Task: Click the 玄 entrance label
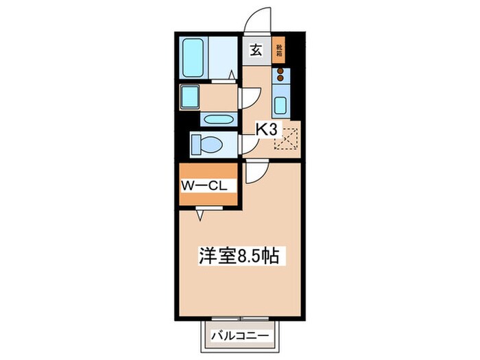(255, 49)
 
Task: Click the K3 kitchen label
(266, 128)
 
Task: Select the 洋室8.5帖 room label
(238, 256)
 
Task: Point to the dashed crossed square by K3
(286, 139)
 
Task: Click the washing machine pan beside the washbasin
(190, 97)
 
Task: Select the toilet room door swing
(248, 143)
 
